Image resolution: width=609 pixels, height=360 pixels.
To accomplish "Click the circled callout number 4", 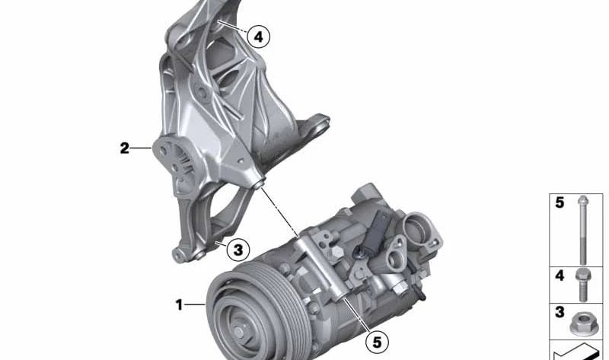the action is [258, 37].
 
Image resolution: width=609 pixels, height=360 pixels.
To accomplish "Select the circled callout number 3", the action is [238, 250].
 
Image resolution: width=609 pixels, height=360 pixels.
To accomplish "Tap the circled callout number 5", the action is [377, 342].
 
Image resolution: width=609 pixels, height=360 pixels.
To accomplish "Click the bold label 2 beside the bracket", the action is [124, 148].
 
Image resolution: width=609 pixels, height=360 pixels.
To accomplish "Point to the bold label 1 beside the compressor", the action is [179, 305].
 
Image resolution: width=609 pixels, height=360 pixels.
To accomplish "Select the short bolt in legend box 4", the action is [582, 285].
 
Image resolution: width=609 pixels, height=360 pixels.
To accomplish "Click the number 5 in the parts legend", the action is [560, 202].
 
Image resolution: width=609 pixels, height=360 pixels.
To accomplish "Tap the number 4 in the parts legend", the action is [560, 276].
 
